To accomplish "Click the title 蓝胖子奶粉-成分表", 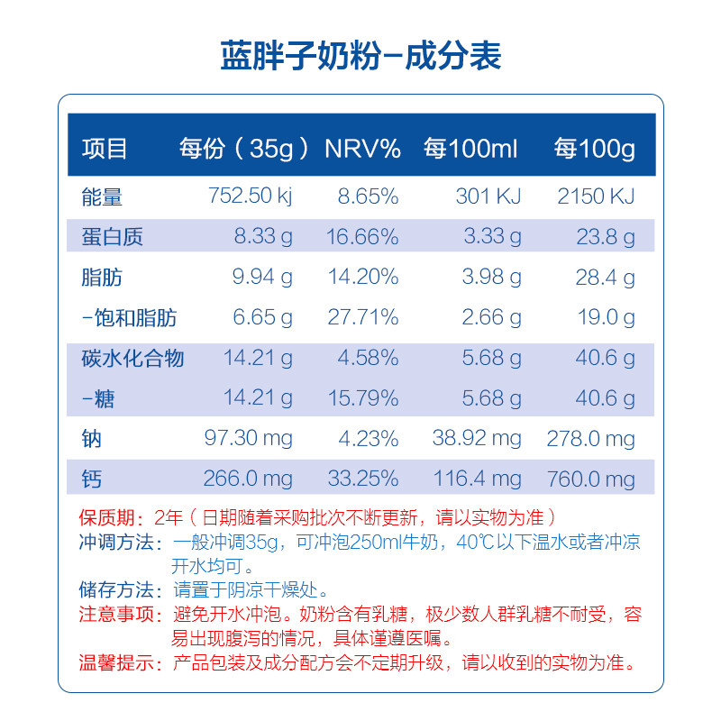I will click(360, 56).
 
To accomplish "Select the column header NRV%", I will click(362, 149).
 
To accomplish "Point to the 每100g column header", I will click(595, 149).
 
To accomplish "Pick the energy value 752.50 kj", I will click(250, 196).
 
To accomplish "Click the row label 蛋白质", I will click(112, 237).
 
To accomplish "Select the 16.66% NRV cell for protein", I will click(362, 237).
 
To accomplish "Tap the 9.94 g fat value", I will click(262, 278).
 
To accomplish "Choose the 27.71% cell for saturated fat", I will click(362, 318).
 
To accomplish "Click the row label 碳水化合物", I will click(132, 359).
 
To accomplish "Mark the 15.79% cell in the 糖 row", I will click(362, 398).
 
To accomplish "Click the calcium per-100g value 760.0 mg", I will click(591, 479).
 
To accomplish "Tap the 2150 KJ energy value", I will click(597, 196).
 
